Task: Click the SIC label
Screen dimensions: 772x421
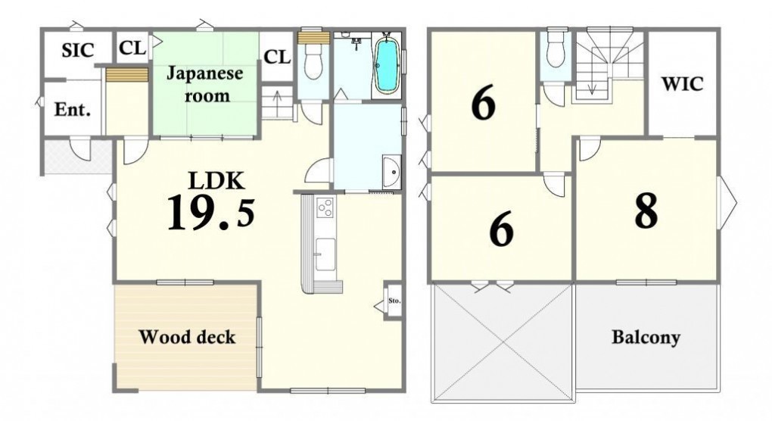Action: click(x=78, y=51)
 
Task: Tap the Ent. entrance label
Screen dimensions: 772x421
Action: click(x=73, y=109)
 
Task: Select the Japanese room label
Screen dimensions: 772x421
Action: click(x=205, y=84)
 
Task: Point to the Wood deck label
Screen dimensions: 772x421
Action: click(x=187, y=337)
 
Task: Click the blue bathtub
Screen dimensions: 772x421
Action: click(x=387, y=66)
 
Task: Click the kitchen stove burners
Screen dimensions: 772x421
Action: click(x=325, y=207)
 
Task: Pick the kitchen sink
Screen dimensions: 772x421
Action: click(x=325, y=254)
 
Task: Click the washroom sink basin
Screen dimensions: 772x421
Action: click(x=392, y=171)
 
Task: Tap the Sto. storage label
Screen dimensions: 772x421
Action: click(x=394, y=301)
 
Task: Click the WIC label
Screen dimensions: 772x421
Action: click(x=682, y=84)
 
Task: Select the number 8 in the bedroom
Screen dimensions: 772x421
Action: click(x=646, y=210)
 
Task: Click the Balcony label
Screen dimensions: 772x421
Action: click(x=646, y=338)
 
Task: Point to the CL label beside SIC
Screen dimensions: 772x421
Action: click(x=132, y=48)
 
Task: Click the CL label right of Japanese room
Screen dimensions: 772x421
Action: click(x=277, y=57)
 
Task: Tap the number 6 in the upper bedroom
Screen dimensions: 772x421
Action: click(x=484, y=104)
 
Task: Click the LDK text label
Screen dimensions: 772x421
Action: click(x=216, y=181)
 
